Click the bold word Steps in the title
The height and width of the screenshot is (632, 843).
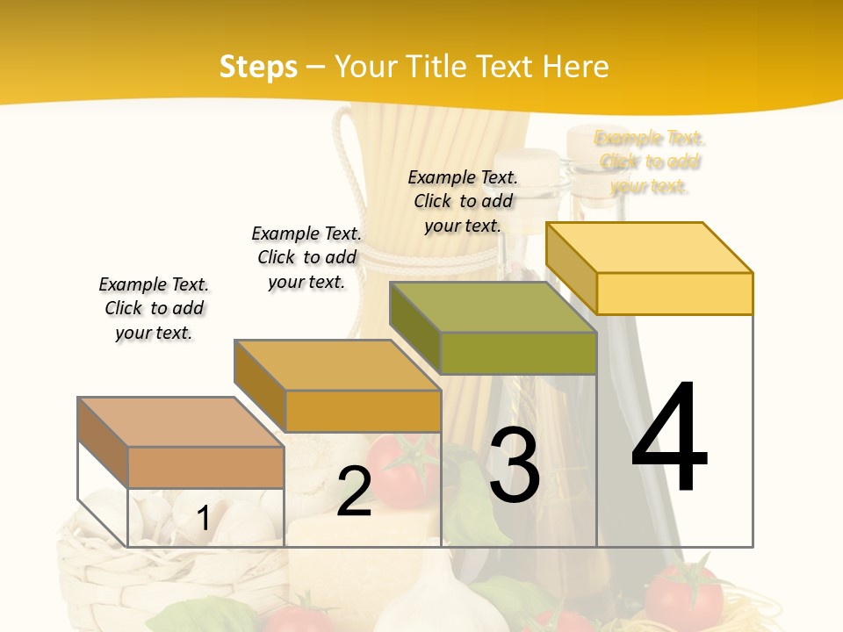coord(258,67)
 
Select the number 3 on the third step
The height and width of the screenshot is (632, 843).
coord(514,465)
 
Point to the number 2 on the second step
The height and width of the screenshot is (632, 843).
coord(354,492)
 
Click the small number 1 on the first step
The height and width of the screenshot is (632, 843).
coord(203,518)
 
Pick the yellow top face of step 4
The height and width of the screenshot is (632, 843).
coord(650,247)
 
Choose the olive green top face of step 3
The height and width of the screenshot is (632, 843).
coord(494,307)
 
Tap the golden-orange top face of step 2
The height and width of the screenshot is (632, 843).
coord(337,365)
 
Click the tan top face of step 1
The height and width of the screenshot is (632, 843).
coord(181,422)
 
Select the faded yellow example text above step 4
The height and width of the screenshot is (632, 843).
coord(650,162)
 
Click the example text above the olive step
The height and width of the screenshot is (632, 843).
coord(463,201)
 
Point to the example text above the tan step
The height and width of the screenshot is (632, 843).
coord(154,308)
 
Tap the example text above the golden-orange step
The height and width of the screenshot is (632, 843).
coord(306,257)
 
